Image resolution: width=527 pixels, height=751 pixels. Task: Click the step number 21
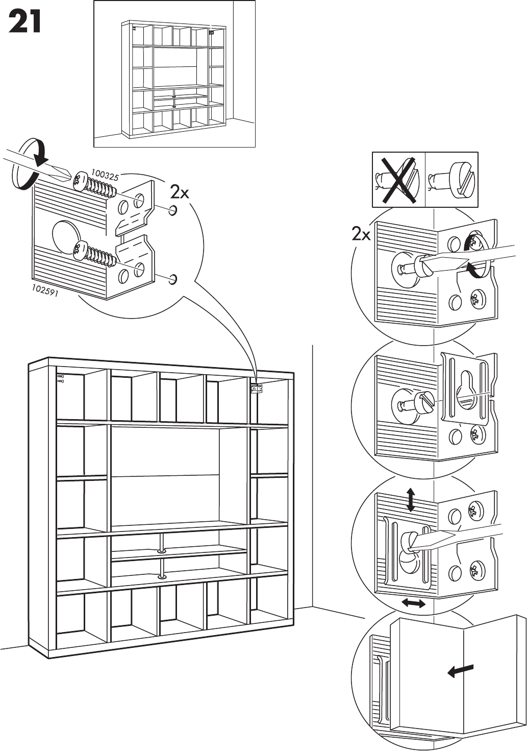click(x=24, y=22)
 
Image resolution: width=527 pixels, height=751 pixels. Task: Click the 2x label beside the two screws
click(x=180, y=192)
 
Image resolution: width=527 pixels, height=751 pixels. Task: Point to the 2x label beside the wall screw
click(x=361, y=234)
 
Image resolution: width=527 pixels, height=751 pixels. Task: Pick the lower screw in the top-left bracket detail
click(x=96, y=254)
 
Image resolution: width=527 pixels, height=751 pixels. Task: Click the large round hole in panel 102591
click(x=67, y=236)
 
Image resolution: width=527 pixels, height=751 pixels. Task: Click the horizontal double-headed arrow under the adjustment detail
click(x=413, y=603)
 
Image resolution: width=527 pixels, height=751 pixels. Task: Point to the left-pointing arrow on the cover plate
click(x=460, y=671)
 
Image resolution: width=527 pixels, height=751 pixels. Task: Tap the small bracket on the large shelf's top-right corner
click(x=257, y=389)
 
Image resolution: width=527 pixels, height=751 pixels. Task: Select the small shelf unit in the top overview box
click(x=174, y=80)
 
